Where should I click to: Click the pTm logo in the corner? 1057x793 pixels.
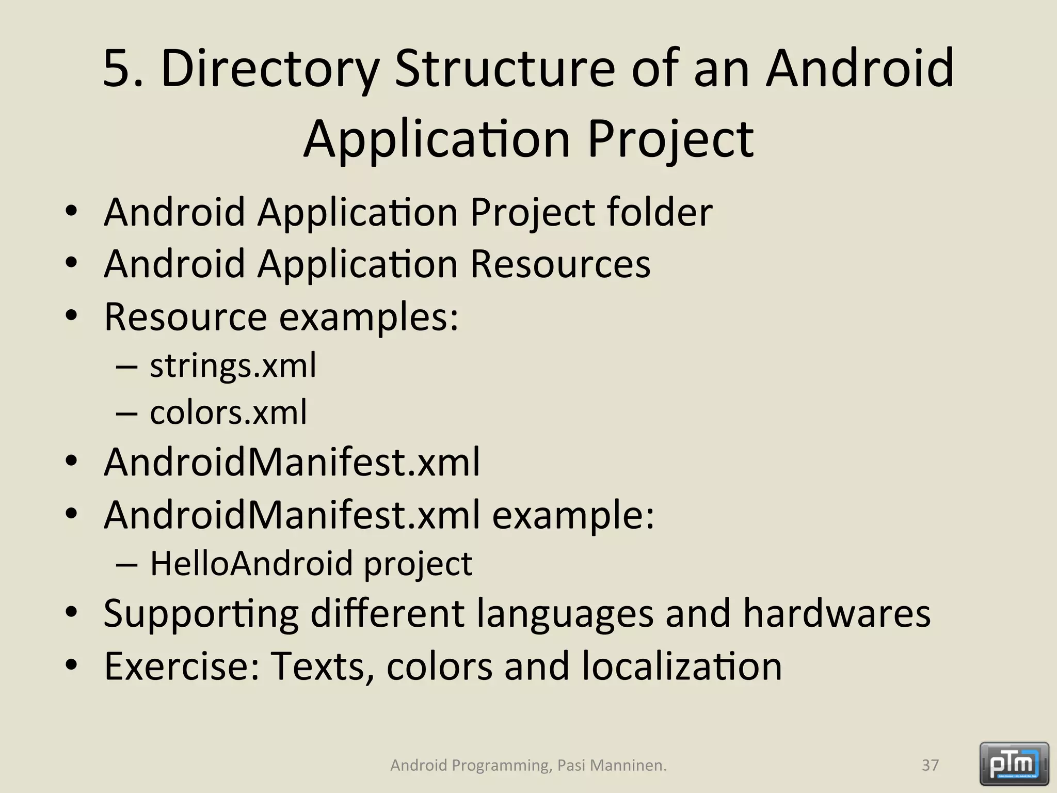coord(1014,764)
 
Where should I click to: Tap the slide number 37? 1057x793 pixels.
coord(930,765)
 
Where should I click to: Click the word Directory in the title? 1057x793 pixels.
coord(270,69)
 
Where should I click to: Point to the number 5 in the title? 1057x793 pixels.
coord(118,69)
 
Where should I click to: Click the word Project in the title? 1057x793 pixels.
coord(670,139)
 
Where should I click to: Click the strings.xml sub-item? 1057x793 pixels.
coord(233,366)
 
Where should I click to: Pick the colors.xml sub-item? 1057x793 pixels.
coord(228,413)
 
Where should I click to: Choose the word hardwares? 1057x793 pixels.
coord(837,613)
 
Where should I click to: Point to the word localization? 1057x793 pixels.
coord(682,666)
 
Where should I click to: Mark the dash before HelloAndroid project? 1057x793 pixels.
coord(127,564)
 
